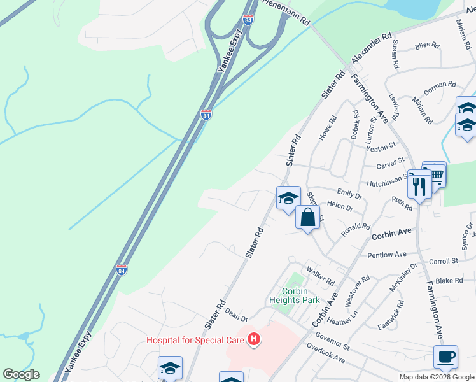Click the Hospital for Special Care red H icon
254,340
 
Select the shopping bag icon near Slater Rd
307,218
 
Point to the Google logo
21,374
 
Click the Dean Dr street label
235,315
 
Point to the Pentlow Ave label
387,255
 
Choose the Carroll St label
444,261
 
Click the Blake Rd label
449,281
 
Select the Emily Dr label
349,193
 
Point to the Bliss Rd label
427,46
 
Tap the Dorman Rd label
440,88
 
